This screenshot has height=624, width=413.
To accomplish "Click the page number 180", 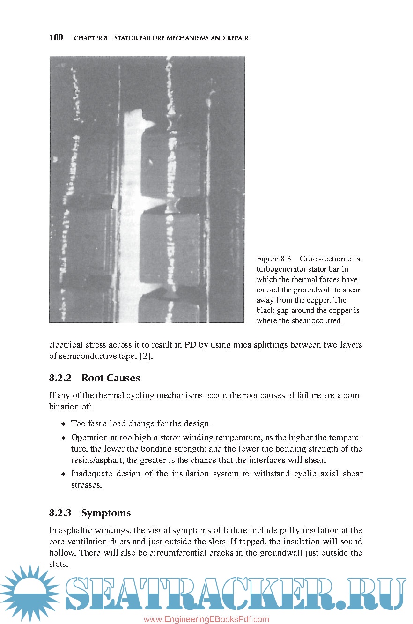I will tap(56, 37).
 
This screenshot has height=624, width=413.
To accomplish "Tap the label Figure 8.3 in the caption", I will tap(274, 259).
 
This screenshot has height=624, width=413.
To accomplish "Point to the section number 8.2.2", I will tap(59, 378).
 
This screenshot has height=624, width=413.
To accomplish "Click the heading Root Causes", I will tap(111, 378).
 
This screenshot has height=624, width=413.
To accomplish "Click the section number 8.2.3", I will tap(59, 513).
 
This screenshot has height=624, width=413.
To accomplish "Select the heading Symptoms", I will tap(106, 513).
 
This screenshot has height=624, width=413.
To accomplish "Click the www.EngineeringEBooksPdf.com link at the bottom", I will tap(206, 619).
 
